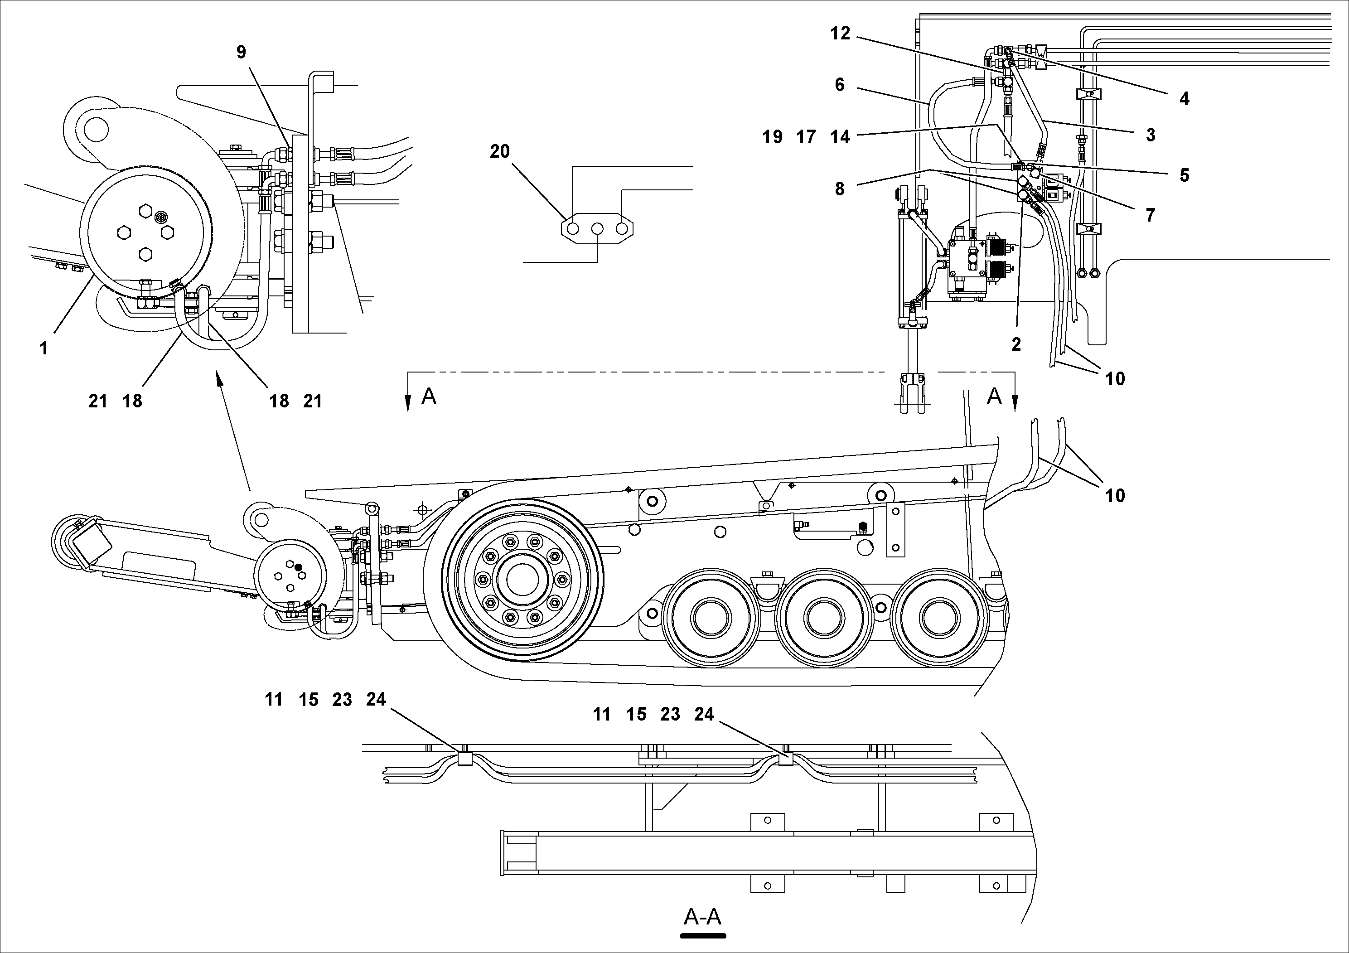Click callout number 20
(x=499, y=152)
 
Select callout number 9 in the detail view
(x=241, y=52)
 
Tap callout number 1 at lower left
(x=44, y=348)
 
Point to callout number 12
(x=840, y=34)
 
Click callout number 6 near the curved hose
(x=840, y=85)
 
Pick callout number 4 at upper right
(x=1184, y=99)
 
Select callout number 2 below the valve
(x=1016, y=345)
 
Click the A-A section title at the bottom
(x=703, y=917)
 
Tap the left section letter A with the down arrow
(x=429, y=397)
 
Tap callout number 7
(x=1150, y=215)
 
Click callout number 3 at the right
(x=1150, y=135)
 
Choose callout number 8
(x=840, y=189)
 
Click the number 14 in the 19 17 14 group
(x=840, y=137)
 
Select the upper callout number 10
(x=1115, y=379)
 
